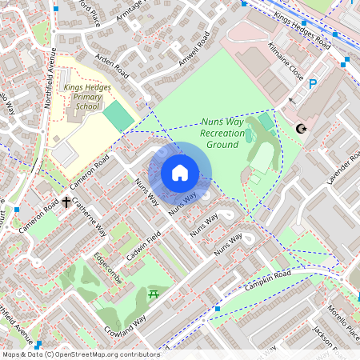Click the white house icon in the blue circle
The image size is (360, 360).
180,172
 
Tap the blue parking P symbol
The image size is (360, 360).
313,82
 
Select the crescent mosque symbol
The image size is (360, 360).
302,128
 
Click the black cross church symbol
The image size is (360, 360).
67,203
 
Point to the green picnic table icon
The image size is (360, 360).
154,295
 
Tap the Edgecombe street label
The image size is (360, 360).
107,267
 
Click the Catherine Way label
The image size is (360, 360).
90,218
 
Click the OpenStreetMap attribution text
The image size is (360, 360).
80,354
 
